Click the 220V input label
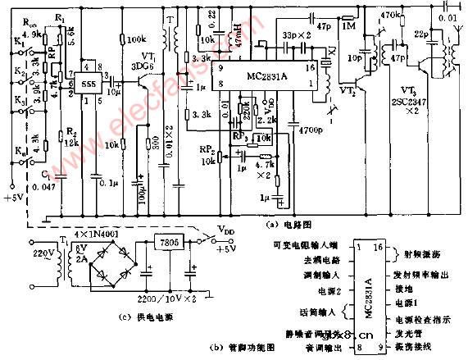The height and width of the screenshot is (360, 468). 39,253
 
